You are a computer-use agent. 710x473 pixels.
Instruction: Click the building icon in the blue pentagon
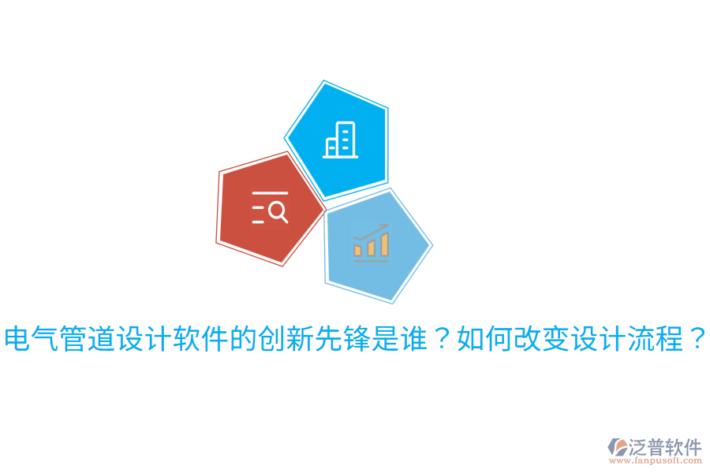point(341,140)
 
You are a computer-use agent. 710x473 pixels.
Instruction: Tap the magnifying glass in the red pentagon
point(278,211)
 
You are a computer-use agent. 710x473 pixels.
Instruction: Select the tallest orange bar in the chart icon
point(384,244)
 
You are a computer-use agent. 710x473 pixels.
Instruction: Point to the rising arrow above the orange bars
point(371,232)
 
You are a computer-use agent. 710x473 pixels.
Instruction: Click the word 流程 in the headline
point(655,340)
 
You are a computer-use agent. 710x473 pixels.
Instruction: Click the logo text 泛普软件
point(665,447)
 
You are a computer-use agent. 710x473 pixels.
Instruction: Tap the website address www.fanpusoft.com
point(658,461)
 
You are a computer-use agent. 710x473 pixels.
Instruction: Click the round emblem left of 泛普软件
point(618,448)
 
